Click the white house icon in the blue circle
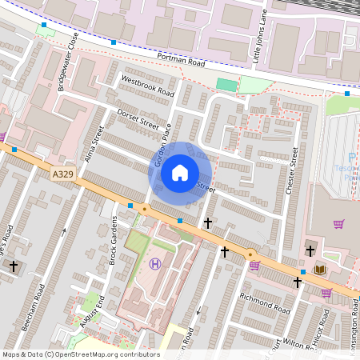point(180,172)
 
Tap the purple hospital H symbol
point(155,264)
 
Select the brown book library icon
point(320,270)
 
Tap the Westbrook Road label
point(147,86)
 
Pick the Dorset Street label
point(138,119)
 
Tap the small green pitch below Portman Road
point(227,84)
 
